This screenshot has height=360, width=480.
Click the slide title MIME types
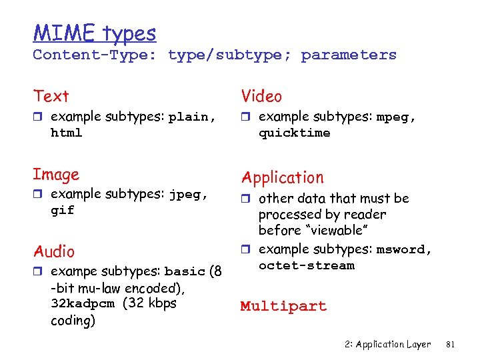tap(94, 33)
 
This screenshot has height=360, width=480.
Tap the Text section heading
tap(51, 97)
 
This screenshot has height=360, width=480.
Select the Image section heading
tap(56, 175)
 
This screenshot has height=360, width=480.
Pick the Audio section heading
tap(54, 252)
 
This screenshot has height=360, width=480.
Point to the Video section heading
tap(261, 97)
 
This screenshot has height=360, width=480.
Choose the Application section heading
tap(282, 177)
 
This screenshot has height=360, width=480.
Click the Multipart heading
tap(283, 307)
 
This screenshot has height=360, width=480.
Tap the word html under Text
tap(66, 133)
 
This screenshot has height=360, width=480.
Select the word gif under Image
tap(63, 211)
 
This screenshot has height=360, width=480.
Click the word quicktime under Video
tap(294, 133)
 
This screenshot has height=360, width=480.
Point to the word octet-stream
tap(306, 266)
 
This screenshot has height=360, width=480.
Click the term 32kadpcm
tap(83, 303)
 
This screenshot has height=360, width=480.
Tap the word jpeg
tap(187, 195)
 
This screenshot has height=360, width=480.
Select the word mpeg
tap(395, 117)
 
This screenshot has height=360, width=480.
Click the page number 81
tap(449, 345)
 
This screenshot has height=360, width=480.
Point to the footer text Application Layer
tap(393, 345)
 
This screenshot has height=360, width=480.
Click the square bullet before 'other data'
tap(245, 198)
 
